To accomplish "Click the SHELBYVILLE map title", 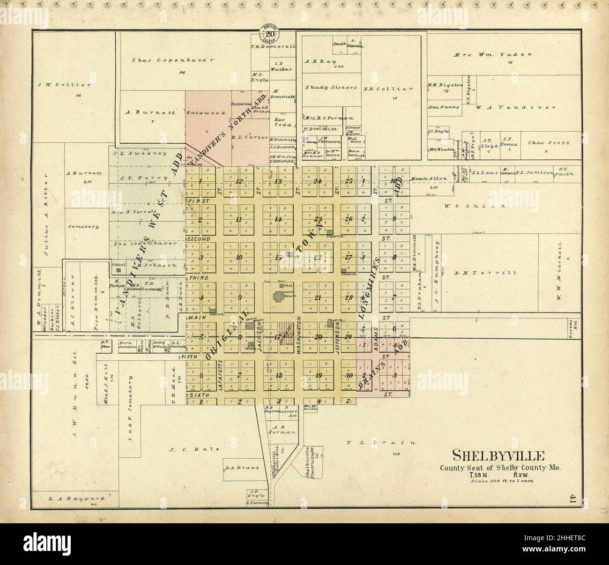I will click(498, 455).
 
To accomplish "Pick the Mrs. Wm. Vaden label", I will click(493, 54).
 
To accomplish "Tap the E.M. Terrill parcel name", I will click(487, 273).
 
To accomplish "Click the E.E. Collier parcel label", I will click(395, 89).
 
